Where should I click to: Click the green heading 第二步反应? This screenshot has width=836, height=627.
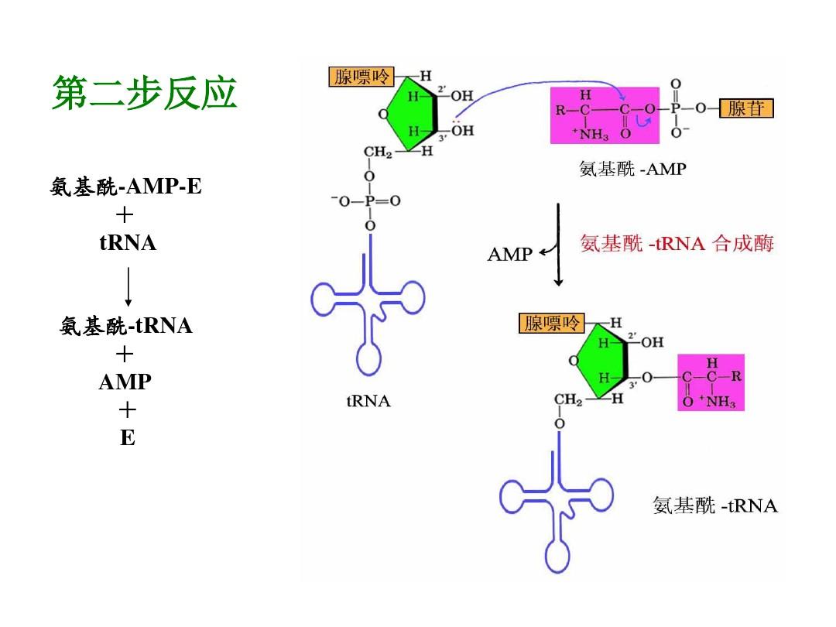pos(144,94)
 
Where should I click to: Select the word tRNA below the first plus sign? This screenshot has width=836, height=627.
pos(128,244)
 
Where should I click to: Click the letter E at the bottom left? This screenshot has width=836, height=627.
pos(128,438)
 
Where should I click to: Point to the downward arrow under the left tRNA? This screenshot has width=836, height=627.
pos(128,286)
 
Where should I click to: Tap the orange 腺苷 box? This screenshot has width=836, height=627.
pos(746,108)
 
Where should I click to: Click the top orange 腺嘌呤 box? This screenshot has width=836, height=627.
pos(361,77)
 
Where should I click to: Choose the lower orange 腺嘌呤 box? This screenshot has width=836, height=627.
pos(551,323)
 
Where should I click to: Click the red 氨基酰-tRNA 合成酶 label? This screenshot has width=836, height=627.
pos(677,244)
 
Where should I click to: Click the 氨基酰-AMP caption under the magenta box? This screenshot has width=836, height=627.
pos(632,168)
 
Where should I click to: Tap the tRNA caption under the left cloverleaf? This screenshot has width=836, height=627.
pos(368,402)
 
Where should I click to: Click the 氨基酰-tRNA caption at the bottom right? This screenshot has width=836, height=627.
pos(714,506)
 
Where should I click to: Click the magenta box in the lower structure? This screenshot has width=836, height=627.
pos(711,382)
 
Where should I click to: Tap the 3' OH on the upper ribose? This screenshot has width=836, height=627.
pos(462,131)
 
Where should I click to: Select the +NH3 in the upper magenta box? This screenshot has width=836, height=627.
pos(591,135)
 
